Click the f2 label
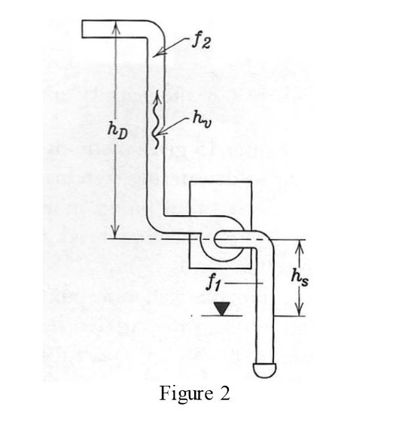[x=201, y=43]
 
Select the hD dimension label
[x=117, y=132]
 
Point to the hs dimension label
[x=300, y=278]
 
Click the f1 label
[x=214, y=282]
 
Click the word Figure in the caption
[x=186, y=393]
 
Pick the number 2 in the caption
[x=225, y=393]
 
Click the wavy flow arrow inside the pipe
[x=157, y=121]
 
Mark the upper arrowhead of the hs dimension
[x=300, y=247]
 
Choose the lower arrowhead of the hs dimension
[x=300, y=309]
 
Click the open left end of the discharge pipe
[x=82, y=29]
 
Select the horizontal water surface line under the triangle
[x=222, y=316]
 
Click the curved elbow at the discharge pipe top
[x=157, y=27]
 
